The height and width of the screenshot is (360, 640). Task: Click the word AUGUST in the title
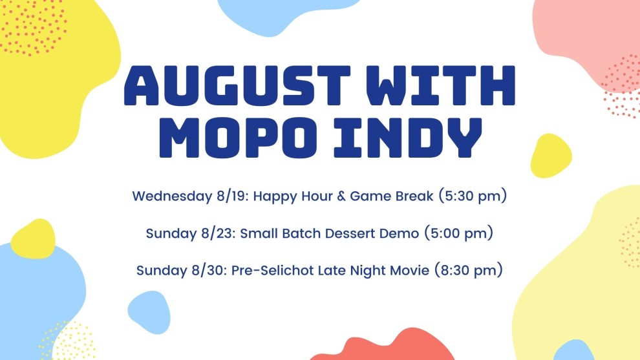[237, 86]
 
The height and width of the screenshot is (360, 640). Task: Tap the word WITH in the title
[440, 86]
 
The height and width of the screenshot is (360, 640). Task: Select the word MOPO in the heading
[238, 138]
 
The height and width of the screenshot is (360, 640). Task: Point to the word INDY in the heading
[408, 138]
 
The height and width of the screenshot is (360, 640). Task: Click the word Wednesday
[172, 196]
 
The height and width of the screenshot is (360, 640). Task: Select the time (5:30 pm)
[473, 196]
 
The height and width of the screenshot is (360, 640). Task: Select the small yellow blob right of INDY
[551, 156]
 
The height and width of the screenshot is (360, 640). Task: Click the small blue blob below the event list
[149, 312]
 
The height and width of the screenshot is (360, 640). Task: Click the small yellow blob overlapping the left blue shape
[33, 238]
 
